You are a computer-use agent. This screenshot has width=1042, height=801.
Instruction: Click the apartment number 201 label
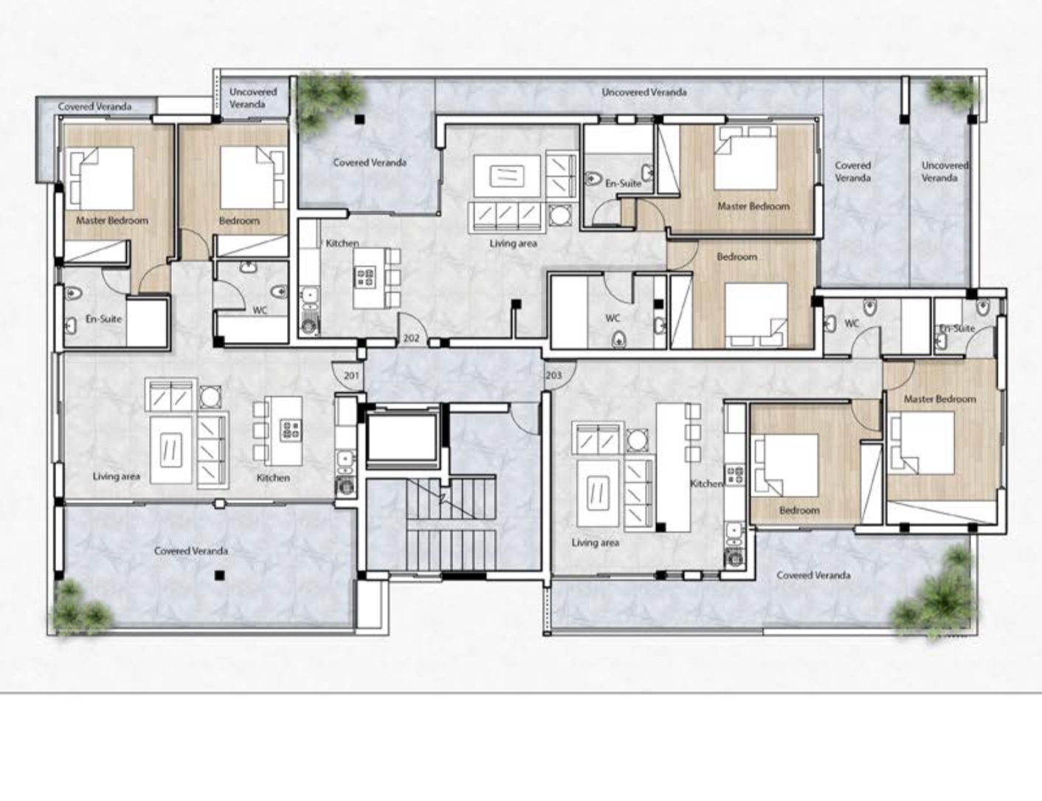coord(351,375)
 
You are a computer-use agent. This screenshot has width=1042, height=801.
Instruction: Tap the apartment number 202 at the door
coord(412,337)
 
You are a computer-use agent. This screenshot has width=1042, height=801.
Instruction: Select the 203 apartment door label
coord(553,374)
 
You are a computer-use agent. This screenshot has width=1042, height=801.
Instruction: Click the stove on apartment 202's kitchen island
coord(365,278)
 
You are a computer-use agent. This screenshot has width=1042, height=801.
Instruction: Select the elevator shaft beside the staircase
coord(402,437)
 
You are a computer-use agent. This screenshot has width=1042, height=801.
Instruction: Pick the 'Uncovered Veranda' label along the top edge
coord(644,92)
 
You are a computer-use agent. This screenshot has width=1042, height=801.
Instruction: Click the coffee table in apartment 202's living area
coord(507,176)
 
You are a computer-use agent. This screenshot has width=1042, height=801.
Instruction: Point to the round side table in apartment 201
coord(210,396)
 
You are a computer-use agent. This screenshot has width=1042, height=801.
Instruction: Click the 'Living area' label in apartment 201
coord(117,476)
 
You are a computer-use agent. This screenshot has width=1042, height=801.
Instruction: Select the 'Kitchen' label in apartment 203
coord(706,484)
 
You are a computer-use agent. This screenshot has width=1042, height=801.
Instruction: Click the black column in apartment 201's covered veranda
coord(220,575)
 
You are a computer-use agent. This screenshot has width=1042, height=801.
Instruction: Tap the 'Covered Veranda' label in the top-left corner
coord(94,106)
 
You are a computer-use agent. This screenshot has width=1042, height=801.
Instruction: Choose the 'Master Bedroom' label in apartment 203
coord(940,399)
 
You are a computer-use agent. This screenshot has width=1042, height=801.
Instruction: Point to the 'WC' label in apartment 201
coord(260,310)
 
